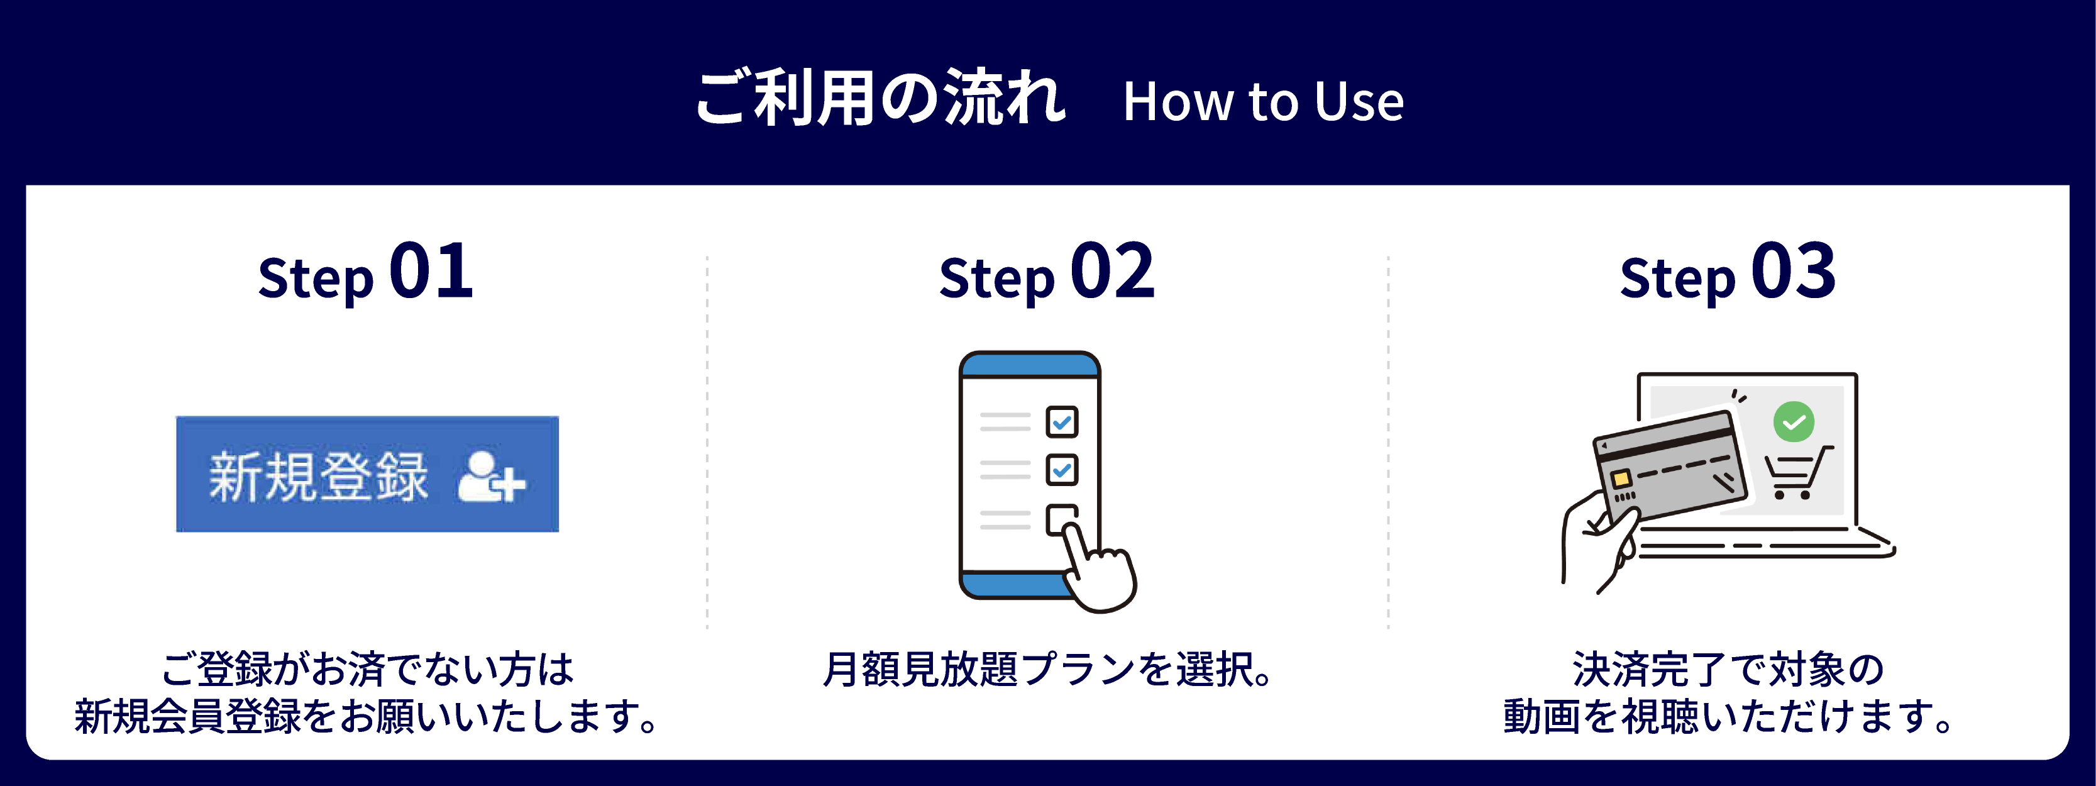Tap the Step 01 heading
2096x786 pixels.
click(365, 272)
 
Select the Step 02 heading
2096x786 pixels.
click(1046, 272)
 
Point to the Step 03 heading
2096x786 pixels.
click(1728, 272)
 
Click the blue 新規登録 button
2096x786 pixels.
click(367, 474)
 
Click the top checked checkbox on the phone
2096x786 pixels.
click(1061, 421)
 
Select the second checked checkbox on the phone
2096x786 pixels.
click(1061, 470)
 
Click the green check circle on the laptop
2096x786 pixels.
click(1794, 421)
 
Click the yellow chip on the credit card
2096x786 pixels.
click(1620, 479)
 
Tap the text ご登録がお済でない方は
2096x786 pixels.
click(368, 670)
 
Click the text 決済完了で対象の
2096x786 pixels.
click(1728, 670)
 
